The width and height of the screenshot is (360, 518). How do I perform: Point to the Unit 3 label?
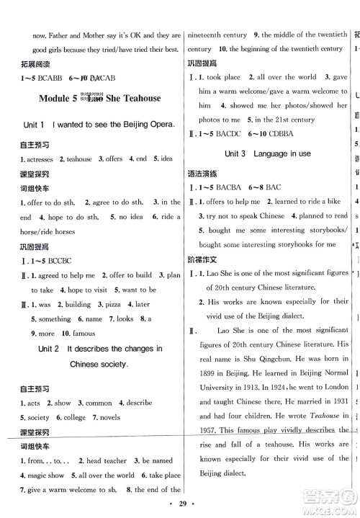pos(235,153)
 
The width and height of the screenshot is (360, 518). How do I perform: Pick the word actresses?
pos(40,159)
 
